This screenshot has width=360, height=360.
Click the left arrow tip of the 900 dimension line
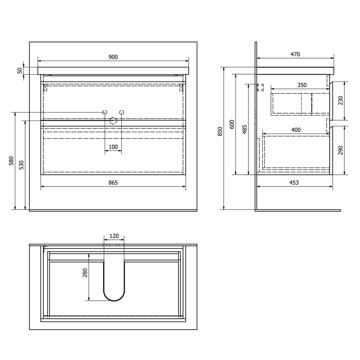click(38, 61)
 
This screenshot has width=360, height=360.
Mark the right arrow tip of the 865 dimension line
click(186, 187)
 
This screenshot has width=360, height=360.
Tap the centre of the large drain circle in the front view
click(113, 121)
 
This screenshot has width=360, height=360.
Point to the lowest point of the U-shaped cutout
click(114, 301)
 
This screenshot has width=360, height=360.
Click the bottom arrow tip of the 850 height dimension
click(224, 209)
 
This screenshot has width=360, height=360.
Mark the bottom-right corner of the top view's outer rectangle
click(197, 330)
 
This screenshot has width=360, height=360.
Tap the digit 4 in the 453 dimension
click(291, 183)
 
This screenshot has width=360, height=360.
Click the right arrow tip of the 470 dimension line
click(334, 58)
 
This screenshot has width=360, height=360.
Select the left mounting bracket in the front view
click(45, 88)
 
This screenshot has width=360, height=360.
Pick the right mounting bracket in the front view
click(181, 88)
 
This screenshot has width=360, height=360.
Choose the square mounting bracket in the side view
click(260, 88)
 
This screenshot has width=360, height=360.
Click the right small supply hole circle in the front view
click(122, 112)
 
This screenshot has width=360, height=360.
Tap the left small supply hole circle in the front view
click(105, 112)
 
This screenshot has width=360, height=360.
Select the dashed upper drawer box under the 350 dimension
click(300, 104)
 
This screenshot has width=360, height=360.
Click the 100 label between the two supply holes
click(113, 147)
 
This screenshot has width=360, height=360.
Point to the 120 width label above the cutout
click(114, 236)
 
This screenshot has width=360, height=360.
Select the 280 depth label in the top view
click(85, 273)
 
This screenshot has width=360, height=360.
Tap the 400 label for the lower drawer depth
click(296, 130)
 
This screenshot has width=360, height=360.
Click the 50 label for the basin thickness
click(20, 71)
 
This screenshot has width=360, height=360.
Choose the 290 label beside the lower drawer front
click(340, 151)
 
